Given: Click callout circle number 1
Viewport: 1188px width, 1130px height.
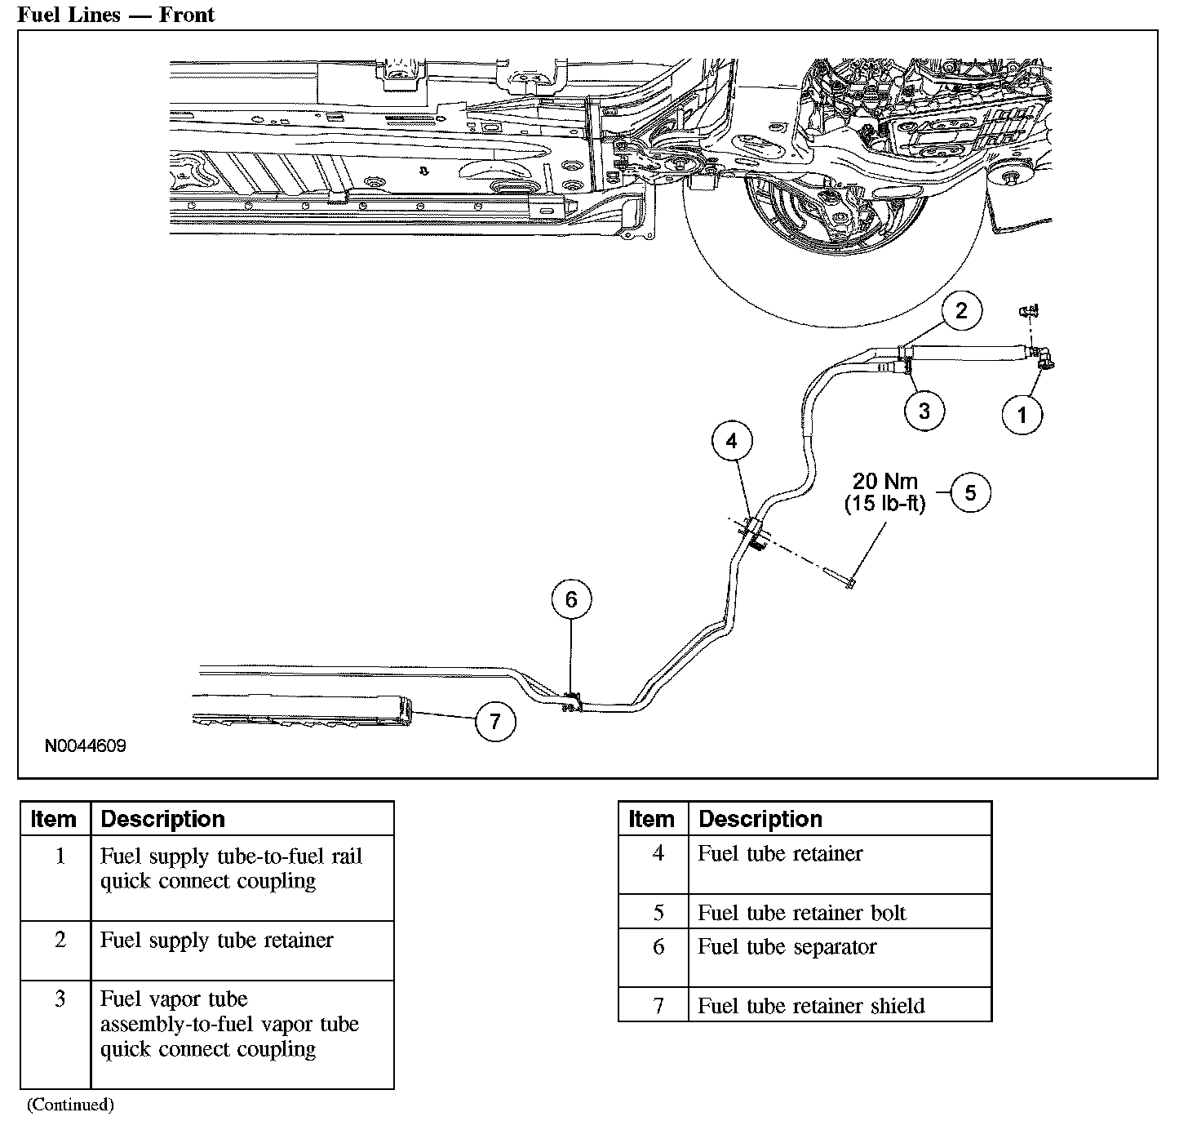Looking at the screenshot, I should pyautogui.click(x=1022, y=415).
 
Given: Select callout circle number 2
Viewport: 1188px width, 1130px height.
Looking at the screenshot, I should pyautogui.click(x=962, y=311).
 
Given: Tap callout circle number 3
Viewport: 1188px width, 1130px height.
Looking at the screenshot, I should pyautogui.click(x=924, y=411).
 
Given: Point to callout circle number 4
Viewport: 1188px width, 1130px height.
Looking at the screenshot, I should pyautogui.click(x=732, y=441).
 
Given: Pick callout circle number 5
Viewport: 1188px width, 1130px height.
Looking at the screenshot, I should pyautogui.click(x=970, y=492).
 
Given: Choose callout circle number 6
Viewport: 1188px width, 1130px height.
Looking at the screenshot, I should pyautogui.click(x=571, y=600).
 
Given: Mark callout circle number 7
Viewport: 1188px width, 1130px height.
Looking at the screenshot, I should pyautogui.click(x=495, y=721).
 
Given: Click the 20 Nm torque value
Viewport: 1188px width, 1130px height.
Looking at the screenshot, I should pyautogui.click(x=885, y=482).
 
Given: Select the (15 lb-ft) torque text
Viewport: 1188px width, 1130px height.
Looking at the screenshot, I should pyautogui.click(x=885, y=504).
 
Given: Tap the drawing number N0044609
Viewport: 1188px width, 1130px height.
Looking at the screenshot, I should pyautogui.click(x=86, y=746).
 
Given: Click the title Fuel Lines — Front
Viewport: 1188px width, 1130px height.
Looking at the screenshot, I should pyautogui.click(x=116, y=15).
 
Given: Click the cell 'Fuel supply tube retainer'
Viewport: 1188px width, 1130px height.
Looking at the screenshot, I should pyautogui.click(x=217, y=941).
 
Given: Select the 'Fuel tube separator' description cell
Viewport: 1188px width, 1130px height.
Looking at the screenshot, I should pyautogui.click(x=787, y=947).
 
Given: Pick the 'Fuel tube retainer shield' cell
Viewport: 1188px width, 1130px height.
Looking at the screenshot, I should pyautogui.click(x=811, y=1006).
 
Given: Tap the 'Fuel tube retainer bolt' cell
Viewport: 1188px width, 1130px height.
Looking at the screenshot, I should pyautogui.click(x=802, y=913).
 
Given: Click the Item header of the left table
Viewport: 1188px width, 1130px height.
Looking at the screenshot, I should pyautogui.click(x=54, y=819).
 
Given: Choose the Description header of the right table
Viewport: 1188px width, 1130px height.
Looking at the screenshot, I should pyautogui.click(x=760, y=819).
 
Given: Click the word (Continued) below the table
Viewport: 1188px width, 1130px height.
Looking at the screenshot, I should pyautogui.click(x=70, y=1106).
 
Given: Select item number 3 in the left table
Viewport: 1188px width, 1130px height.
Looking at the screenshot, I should pyautogui.click(x=60, y=999).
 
